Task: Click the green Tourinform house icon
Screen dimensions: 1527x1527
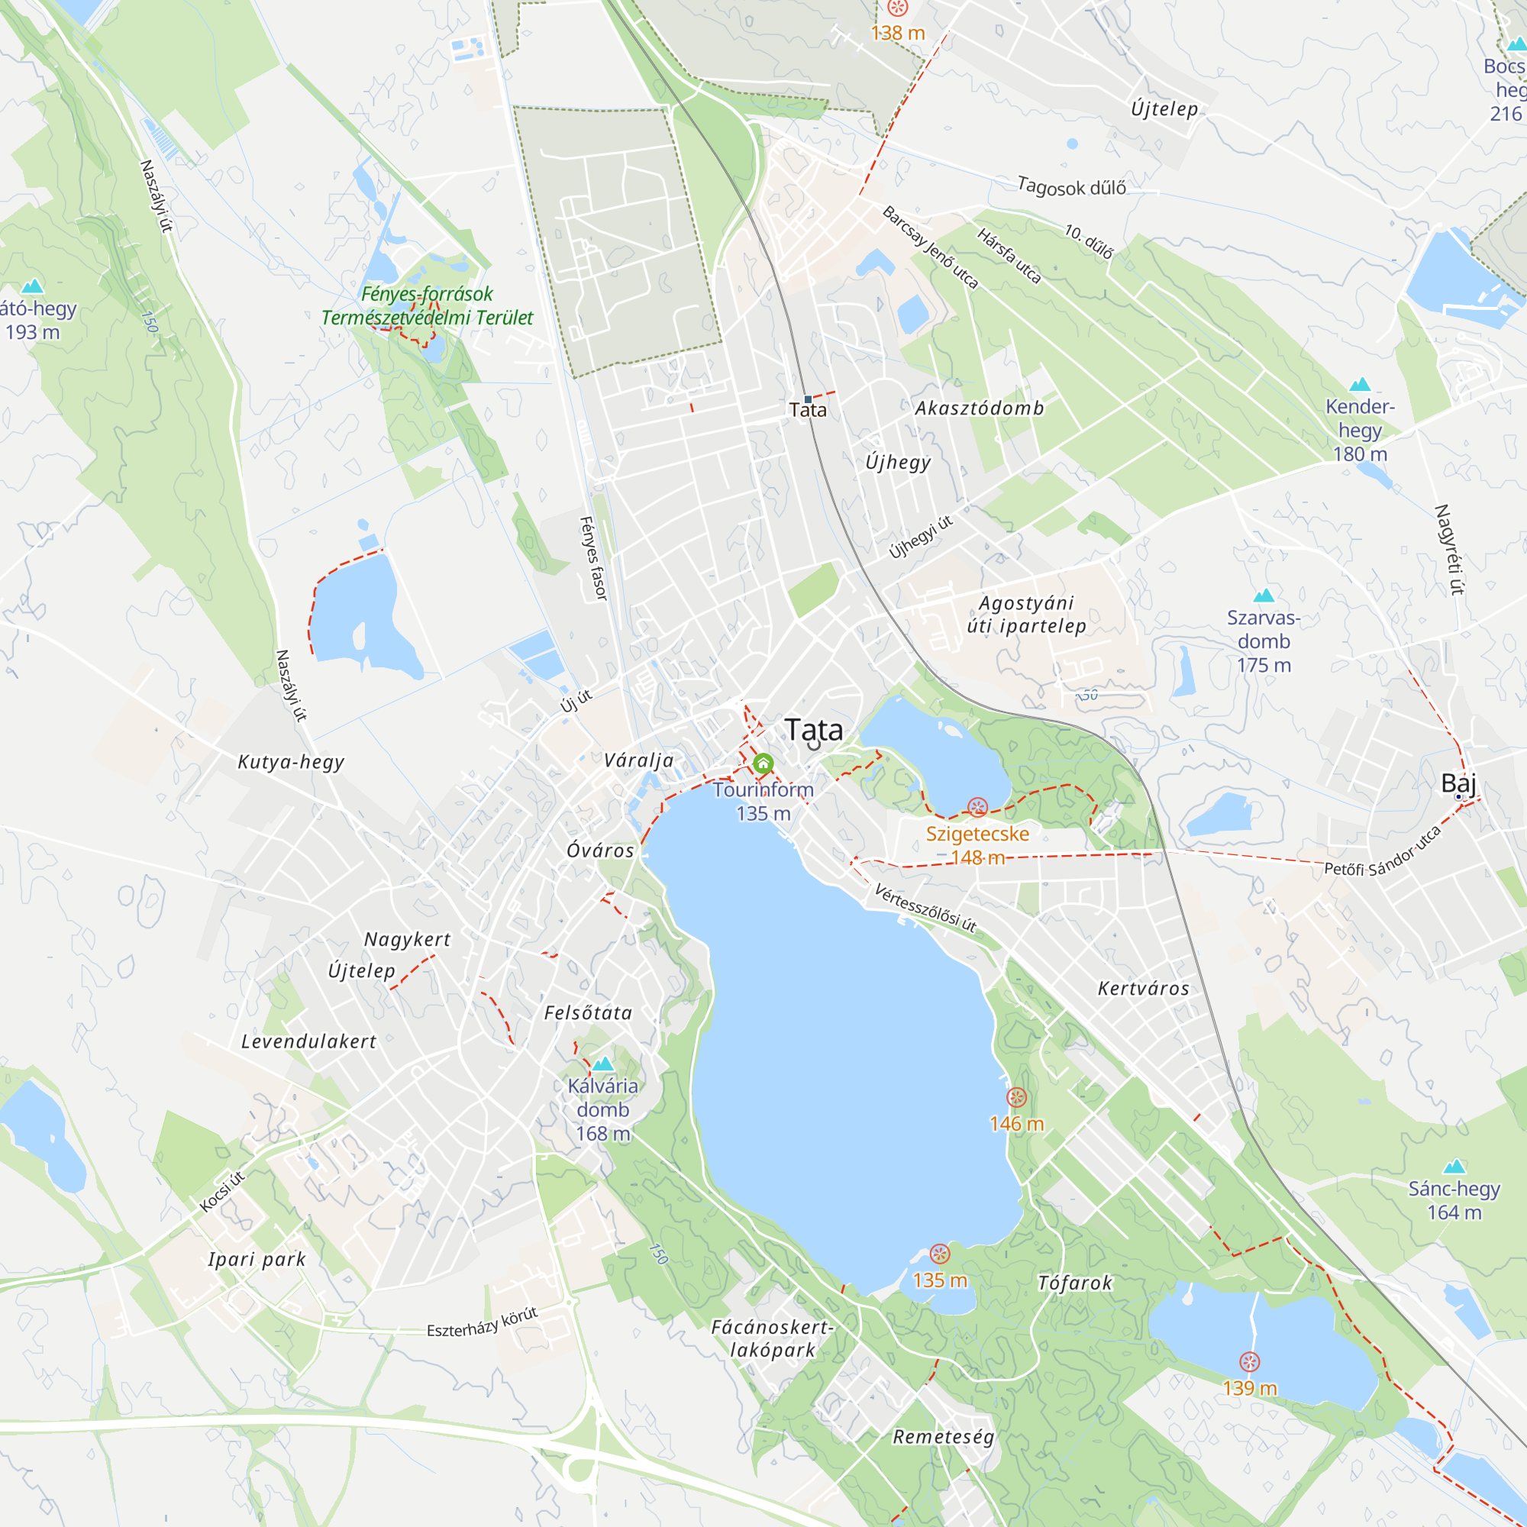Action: pyautogui.click(x=763, y=763)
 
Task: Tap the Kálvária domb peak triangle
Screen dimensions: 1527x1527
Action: pyautogui.click(x=603, y=1064)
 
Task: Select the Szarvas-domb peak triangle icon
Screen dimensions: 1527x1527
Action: pyautogui.click(x=1264, y=596)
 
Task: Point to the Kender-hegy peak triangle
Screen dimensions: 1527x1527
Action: pyautogui.click(x=1360, y=385)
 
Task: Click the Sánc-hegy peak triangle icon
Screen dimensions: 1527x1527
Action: pyautogui.click(x=1454, y=1167)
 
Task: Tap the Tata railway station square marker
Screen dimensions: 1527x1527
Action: pyautogui.click(x=808, y=399)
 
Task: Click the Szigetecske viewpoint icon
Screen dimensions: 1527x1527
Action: pyautogui.click(x=978, y=808)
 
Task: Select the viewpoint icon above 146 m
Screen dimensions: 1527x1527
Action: pyautogui.click(x=1016, y=1097)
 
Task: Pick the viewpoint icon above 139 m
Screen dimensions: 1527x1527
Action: pyautogui.click(x=1250, y=1362)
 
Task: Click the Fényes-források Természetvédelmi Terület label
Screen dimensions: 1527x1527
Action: pyautogui.click(x=427, y=306)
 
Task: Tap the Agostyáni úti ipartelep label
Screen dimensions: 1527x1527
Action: pyautogui.click(x=1027, y=614)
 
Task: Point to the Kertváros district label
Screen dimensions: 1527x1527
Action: pyautogui.click(x=1143, y=989)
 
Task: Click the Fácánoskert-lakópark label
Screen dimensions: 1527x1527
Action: pyautogui.click(x=772, y=1338)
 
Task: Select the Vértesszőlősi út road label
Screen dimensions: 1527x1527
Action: pyautogui.click(x=925, y=908)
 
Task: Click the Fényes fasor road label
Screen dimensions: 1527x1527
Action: pyautogui.click(x=593, y=558)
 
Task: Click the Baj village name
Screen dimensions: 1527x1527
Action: pyautogui.click(x=1458, y=783)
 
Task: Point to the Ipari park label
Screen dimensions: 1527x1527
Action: pyautogui.click(x=257, y=1259)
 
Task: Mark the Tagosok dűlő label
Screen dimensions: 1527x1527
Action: pyautogui.click(x=1071, y=187)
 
